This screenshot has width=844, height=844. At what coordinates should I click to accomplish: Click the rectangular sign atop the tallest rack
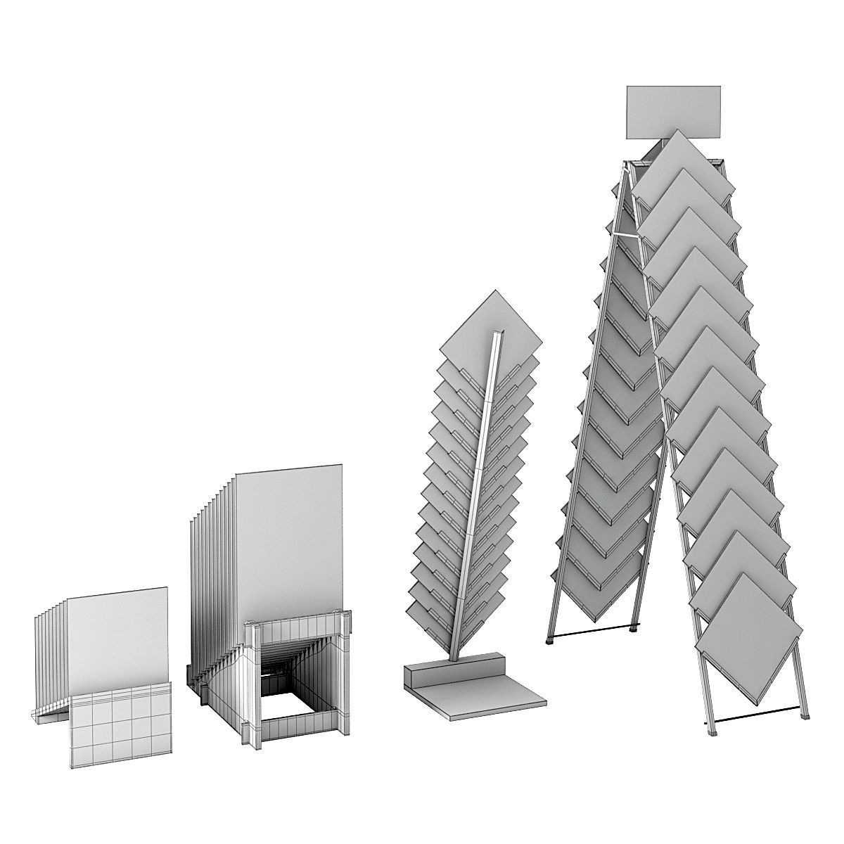tap(673, 112)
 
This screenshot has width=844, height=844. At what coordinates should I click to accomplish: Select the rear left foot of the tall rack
tap(549, 639)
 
